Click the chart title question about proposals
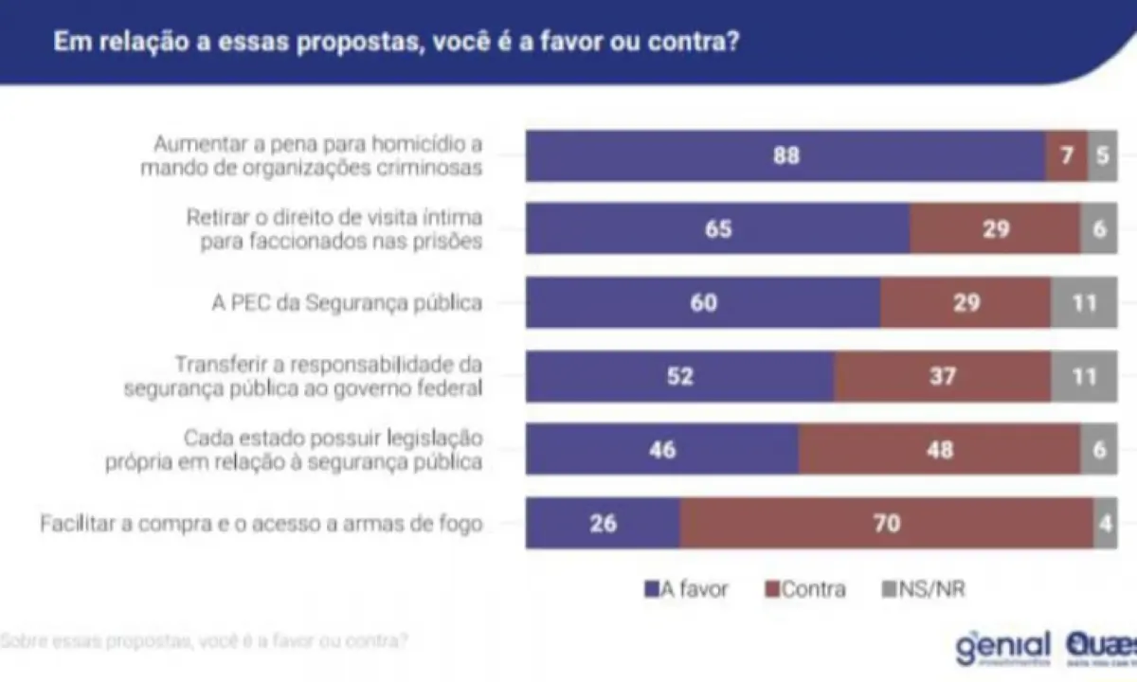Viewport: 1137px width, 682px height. point(395,43)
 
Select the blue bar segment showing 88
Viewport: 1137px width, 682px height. point(785,155)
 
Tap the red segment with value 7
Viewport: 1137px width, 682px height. point(1066,155)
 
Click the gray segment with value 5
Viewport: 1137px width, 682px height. point(1102,155)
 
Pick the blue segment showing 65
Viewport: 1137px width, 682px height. point(718,228)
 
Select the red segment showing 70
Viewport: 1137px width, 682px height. point(886,522)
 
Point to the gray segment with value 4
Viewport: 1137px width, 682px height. point(1105,522)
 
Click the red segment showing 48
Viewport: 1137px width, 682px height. point(939,449)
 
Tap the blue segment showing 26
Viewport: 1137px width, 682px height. point(603,522)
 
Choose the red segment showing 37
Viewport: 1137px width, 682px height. point(942,376)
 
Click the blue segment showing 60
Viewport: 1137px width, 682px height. point(703,302)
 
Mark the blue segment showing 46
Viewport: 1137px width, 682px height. point(662,449)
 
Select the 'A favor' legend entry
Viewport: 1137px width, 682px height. point(687,589)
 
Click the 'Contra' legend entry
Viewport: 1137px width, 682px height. point(805,589)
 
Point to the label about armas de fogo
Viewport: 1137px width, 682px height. point(262,523)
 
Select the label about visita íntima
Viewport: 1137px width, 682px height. point(334,229)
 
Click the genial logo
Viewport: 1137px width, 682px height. point(1002,647)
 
